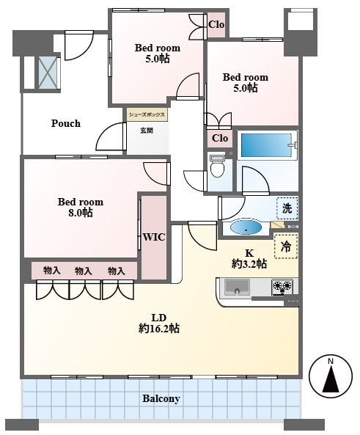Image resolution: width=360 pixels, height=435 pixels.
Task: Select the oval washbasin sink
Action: tap(246, 227)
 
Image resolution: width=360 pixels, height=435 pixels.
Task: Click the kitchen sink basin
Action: tap(237, 288)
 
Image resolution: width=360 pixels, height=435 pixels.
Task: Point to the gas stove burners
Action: tap(282, 287)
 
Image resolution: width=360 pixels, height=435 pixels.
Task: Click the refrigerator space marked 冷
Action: tap(286, 246)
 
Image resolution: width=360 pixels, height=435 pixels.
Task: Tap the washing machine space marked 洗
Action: tap(287, 208)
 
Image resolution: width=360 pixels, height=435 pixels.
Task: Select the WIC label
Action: tap(154, 237)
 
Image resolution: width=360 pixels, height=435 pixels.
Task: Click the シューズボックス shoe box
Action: tap(147, 114)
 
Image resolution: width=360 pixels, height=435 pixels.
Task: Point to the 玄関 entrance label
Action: tap(147, 131)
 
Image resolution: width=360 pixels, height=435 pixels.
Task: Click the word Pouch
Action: tap(66, 123)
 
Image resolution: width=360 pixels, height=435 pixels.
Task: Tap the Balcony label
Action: tap(161, 398)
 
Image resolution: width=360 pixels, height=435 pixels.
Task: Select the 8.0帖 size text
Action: tap(81, 213)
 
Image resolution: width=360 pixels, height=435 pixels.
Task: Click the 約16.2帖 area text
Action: tap(159, 329)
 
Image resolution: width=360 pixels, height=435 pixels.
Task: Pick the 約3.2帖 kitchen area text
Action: tap(249, 263)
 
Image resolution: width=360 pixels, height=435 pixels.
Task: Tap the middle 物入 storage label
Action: tap(83, 271)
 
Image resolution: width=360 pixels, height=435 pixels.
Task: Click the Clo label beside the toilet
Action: tap(220, 138)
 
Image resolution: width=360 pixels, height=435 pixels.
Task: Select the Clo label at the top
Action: tap(216, 24)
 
